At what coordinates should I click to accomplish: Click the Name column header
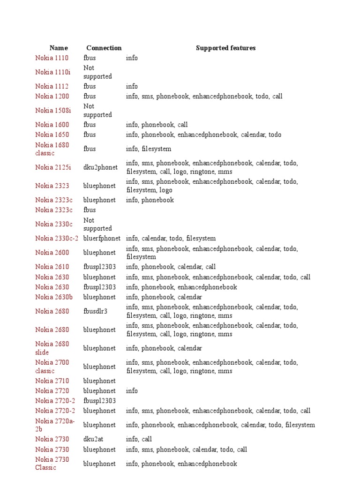[x=59, y=48]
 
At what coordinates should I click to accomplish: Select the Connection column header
[x=104, y=48]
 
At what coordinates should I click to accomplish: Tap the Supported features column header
[x=225, y=48]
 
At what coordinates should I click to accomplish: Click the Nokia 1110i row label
[x=52, y=72]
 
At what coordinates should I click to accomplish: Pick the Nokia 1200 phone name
[x=52, y=96]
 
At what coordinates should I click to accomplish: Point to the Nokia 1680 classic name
[x=52, y=149]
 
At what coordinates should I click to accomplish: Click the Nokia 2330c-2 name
[x=57, y=239]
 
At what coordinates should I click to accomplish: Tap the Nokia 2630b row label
[x=53, y=297]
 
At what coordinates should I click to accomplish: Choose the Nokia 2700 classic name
[x=52, y=367]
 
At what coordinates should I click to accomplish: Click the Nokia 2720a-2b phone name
[x=52, y=425]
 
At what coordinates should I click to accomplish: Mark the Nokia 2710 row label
[x=52, y=381]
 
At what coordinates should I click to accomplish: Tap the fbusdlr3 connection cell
[x=95, y=311]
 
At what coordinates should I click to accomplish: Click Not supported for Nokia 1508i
[x=97, y=111]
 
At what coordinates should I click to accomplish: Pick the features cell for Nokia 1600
[x=157, y=125]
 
